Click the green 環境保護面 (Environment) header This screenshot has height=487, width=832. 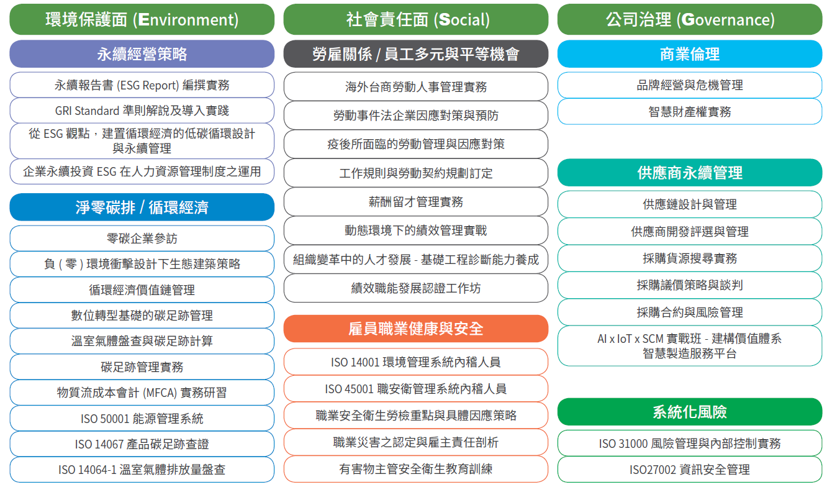pos(142,19)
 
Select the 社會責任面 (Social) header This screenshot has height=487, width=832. pos(415,19)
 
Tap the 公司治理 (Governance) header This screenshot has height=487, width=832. pos(690,19)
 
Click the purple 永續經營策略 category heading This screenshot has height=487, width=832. pos(142,54)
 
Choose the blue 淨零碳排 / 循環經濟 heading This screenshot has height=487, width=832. pos(142,207)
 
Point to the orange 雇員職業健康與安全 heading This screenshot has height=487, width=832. pos(415,329)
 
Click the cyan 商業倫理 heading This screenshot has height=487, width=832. pos(690,54)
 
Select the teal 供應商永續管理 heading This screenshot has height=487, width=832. pos(690,172)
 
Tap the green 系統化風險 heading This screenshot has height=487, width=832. pos(690,412)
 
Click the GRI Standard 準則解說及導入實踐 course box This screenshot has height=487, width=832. pos(142,111)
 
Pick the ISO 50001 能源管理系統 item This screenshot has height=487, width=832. pos(142,418)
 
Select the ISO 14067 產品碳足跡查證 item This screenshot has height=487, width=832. pos(142,444)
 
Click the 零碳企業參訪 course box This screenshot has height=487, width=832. pos(142,238)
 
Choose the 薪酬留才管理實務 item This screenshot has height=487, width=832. pos(415,202)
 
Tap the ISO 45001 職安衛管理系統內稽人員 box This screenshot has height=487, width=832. pos(415,389)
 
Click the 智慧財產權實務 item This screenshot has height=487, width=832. pos(690,111)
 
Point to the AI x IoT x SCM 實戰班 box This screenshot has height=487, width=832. pos(690,346)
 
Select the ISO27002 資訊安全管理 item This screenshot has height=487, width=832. pos(690,470)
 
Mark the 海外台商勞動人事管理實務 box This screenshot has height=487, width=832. pos(415,86)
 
